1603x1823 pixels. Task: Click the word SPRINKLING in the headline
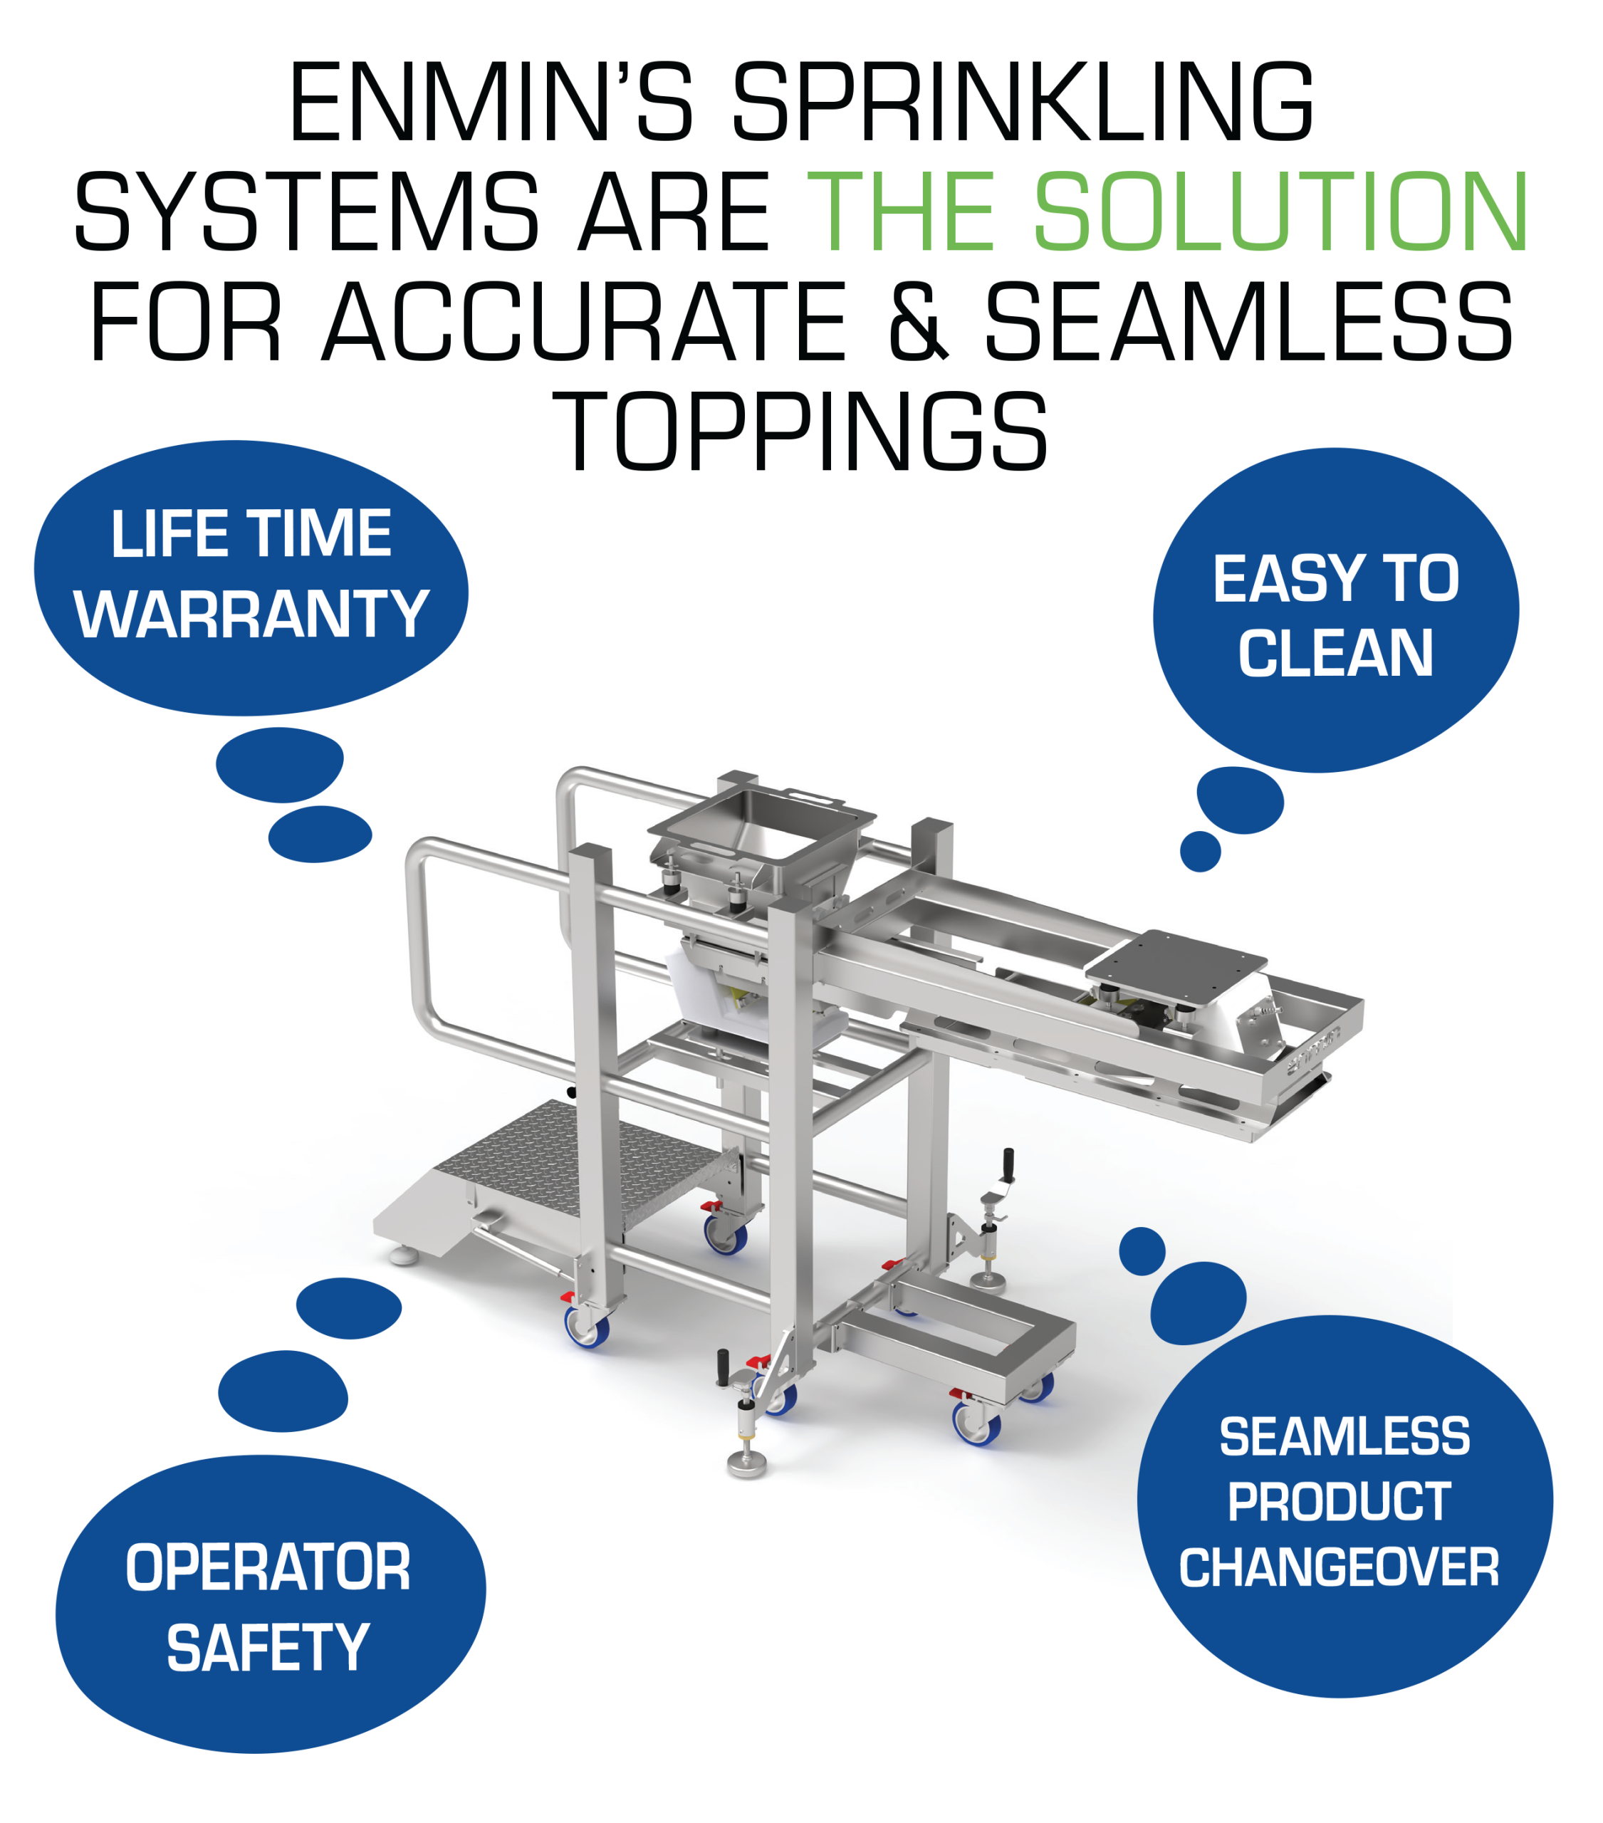[1023, 102]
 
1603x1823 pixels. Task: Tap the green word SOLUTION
[1282, 211]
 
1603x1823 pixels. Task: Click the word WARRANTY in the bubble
[251, 614]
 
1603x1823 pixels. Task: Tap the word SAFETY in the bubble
[268, 1647]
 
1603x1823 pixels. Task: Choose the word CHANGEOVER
[1339, 1567]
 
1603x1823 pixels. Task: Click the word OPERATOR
[268, 1567]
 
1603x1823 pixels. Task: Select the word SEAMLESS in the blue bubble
[1344, 1437]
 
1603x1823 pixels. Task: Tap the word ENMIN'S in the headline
[491, 102]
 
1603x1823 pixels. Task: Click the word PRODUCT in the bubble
[1339, 1502]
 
